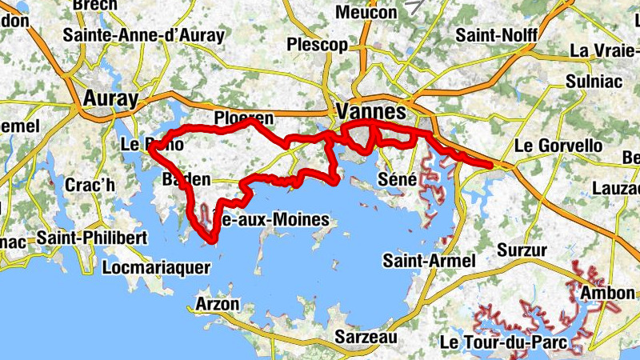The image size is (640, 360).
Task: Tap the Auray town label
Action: (110, 98)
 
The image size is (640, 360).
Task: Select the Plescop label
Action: (319, 44)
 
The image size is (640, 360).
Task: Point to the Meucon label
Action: (366, 13)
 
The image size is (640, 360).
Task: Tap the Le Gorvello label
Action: (558, 146)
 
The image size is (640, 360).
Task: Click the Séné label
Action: (397, 179)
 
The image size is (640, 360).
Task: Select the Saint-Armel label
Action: (430, 261)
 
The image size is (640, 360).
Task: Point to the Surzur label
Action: (522, 250)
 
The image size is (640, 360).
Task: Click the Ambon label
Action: (607, 294)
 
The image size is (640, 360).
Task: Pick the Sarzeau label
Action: (366, 337)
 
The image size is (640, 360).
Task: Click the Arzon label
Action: (217, 304)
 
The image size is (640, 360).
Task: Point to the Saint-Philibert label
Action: (92, 238)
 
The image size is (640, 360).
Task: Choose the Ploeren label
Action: (244, 118)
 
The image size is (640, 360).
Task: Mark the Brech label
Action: (94, 6)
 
